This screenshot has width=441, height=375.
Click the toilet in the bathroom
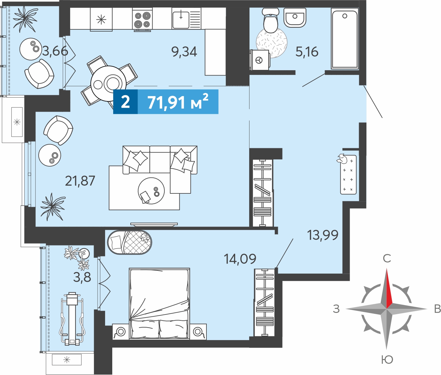[270, 20]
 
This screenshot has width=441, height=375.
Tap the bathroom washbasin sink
[295, 18]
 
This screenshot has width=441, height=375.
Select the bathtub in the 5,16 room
[345, 39]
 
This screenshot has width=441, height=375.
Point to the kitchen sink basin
[181, 20]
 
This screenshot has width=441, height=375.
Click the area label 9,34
[184, 52]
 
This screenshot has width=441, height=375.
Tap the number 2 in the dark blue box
[125, 102]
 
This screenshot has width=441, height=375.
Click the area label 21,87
[80, 181]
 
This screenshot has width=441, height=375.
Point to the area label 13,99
[322, 235]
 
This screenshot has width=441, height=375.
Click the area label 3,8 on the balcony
[82, 277]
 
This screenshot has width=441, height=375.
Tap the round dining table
[109, 83]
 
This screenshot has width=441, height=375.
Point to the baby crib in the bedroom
[129, 242]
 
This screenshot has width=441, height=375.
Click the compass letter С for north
[387, 258]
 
